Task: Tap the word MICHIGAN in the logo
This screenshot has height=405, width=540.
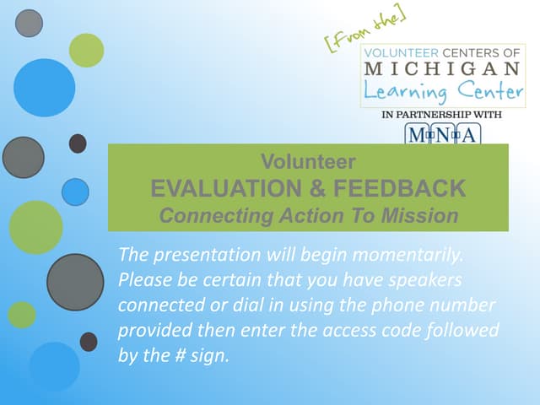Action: click(x=443, y=68)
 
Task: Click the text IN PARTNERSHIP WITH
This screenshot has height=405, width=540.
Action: click(x=443, y=115)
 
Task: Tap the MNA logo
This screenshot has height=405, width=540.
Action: click(x=443, y=134)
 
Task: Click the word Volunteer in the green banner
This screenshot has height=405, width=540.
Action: click(x=308, y=161)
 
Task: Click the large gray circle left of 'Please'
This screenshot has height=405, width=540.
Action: click(x=74, y=282)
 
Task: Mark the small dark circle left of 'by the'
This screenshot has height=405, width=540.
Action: click(x=89, y=342)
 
